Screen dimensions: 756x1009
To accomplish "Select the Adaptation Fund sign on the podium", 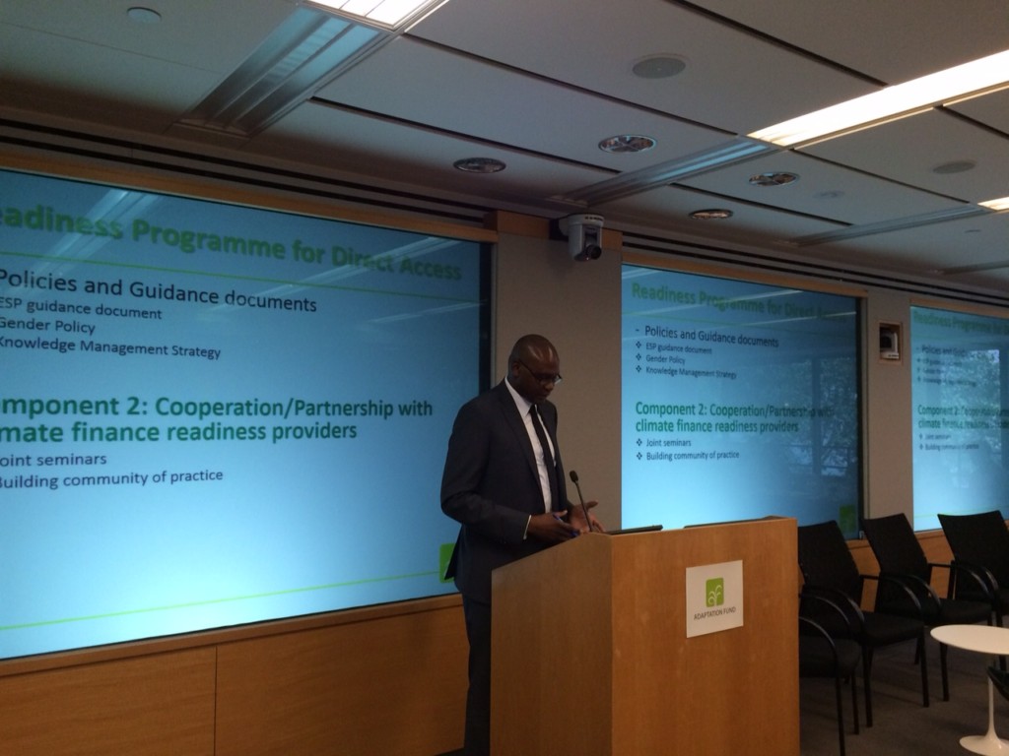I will (x=714, y=598).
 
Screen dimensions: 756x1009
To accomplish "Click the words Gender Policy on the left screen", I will (x=48, y=327).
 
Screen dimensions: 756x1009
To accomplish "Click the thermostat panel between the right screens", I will (x=889, y=342).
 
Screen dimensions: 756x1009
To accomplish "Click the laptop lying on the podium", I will (x=632, y=529).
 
